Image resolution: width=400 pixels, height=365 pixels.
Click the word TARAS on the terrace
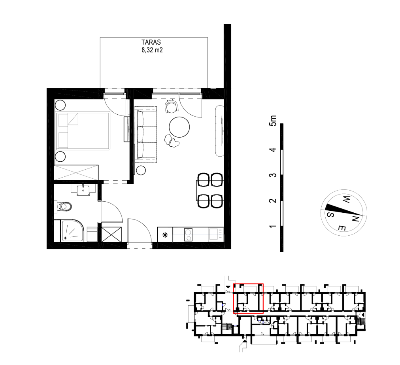click(151, 42)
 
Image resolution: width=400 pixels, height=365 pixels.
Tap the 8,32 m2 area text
click(152, 50)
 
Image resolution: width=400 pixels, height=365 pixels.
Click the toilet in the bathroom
click(64, 207)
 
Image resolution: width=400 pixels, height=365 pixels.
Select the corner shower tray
click(72, 231)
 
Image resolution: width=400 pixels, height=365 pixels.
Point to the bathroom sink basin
click(83, 190)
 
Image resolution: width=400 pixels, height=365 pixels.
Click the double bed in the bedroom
click(83, 130)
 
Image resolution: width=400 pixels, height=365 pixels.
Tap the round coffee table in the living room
click(179, 127)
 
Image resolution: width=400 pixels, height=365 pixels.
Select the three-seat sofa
click(146, 135)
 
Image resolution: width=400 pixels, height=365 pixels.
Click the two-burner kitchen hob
click(188, 235)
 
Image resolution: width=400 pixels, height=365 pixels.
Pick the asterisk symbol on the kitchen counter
click(165, 235)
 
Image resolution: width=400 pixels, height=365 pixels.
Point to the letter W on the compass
click(346, 199)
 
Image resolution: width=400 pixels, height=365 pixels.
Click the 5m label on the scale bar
click(273, 121)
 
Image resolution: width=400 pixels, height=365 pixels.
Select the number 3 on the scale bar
click(273, 175)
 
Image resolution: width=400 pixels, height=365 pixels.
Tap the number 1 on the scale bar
click(273, 227)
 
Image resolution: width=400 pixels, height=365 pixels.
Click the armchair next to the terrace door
click(172, 106)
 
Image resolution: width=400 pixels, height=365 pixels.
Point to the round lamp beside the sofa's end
click(141, 170)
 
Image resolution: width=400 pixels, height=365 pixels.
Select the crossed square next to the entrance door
click(112, 235)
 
